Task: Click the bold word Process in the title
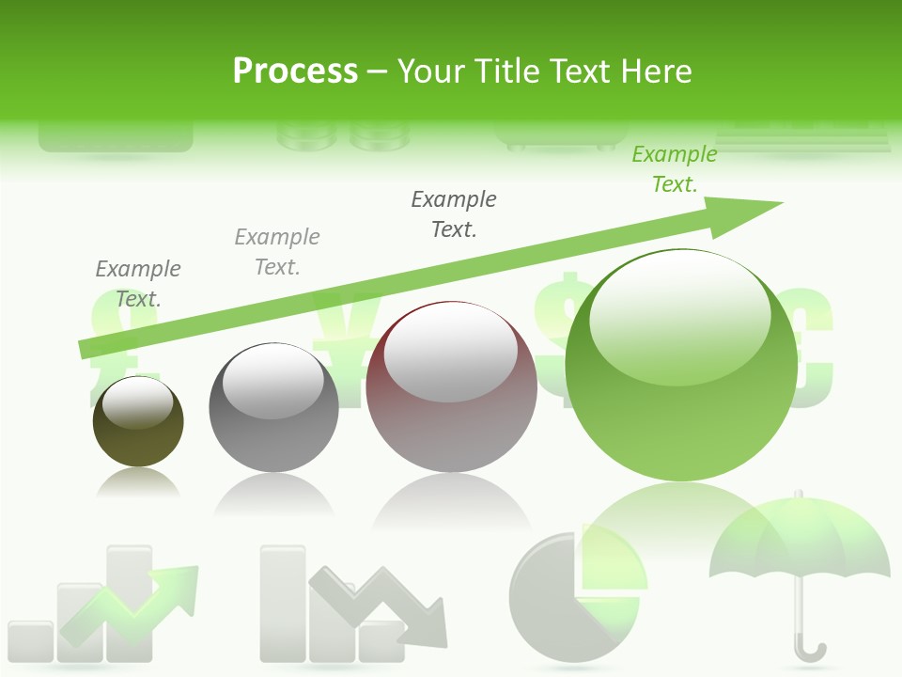(x=295, y=71)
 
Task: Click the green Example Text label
(x=675, y=169)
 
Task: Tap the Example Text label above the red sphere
(x=454, y=213)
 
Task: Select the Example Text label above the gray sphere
(x=277, y=251)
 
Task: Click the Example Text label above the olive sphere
(x=138, y=283)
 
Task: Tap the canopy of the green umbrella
(x=799, y=541)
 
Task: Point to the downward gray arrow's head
(x=428, y=626)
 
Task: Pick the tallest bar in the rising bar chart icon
(x=129, y=602)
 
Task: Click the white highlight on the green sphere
(x=679, y=315)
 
